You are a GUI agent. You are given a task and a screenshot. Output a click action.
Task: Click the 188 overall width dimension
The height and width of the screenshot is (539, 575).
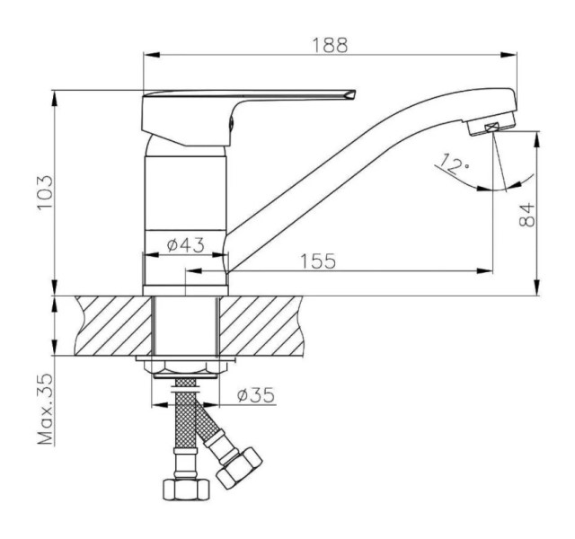coord(330,46)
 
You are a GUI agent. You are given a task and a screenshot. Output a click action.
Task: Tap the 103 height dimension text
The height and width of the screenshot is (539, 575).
coord(46,192)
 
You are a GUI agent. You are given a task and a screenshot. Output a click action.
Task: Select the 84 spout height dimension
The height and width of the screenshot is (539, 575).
coord(527,215)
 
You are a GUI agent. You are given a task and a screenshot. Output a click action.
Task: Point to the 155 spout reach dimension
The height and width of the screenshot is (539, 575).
coord(318,261)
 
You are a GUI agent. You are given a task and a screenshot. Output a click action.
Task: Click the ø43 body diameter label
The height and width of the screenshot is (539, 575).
coord(185,245)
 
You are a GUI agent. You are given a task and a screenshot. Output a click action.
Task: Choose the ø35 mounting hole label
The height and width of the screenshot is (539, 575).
coord(255,395)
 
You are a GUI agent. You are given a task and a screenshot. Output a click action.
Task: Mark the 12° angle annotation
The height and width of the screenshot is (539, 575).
coord(454,163)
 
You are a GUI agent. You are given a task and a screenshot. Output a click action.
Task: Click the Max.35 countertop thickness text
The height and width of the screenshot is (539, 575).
coord(46,410)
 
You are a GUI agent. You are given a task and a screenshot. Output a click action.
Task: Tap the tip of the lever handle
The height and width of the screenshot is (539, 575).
coord(355,91)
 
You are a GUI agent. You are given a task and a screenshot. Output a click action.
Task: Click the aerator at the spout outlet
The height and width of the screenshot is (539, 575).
coord(491,127)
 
